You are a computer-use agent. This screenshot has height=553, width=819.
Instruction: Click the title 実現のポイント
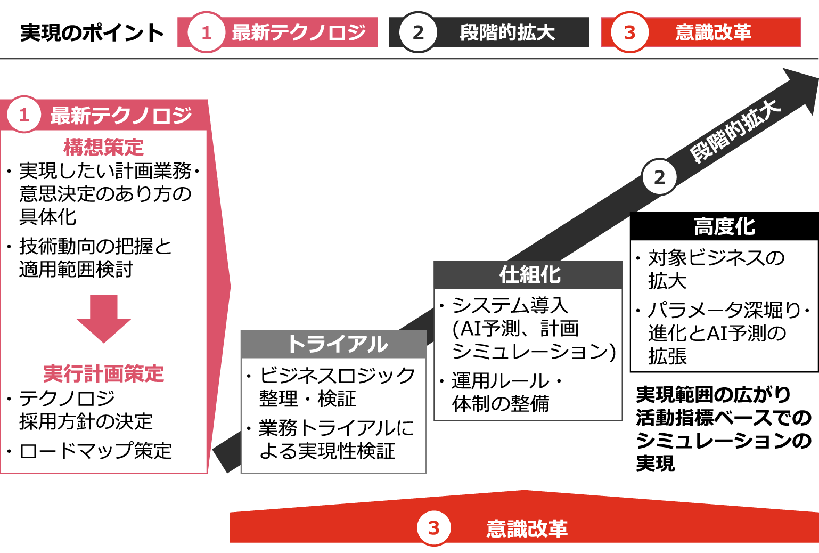click(x=92, y=33)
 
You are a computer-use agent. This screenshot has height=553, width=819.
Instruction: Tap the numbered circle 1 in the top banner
click(x=206, y=32)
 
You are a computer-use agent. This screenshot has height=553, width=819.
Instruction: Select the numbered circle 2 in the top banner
click(x=418, y=32)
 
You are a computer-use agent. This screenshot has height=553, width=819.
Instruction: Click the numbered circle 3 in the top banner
click(x=629, y=32)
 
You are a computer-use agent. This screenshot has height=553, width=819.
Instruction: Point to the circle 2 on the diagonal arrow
click(x=659, y=177)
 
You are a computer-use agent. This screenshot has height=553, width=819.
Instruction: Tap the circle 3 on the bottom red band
click(x=433, y=528)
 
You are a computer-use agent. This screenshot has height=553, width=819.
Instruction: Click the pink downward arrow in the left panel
click(x=104, y=318)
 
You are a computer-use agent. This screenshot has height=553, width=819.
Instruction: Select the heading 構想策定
click(x=104, y=147)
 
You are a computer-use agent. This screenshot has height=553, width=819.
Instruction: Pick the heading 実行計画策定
click(x=104, y=373)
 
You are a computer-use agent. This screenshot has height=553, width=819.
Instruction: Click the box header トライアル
click(x=338, y=344)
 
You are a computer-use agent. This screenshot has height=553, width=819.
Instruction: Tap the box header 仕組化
click(x=529, y=275)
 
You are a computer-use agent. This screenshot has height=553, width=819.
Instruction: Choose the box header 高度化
click(x=724, y=226)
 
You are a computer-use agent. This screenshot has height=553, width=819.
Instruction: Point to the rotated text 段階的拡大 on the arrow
click(x=735, y=131)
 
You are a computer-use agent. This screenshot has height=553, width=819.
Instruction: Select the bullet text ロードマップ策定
click(x=96, y=451)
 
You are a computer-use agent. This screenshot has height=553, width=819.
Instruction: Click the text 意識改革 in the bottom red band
click(x=527, y=528)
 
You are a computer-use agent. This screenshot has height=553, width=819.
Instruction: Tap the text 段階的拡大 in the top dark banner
click(x=507, y=32)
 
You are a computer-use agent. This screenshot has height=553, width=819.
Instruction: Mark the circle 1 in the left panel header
click(x=23, y=115)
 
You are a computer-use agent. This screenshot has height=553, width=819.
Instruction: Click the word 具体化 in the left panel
click(x=48, y=217)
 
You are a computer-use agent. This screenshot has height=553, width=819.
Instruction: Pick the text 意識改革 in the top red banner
click(x=713, y=32)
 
